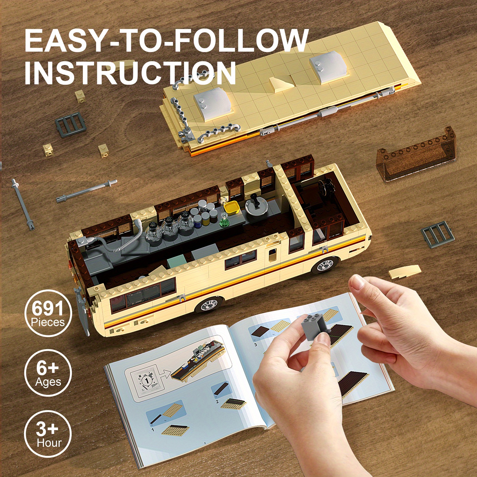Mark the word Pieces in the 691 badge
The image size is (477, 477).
click(x=48, y=322)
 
